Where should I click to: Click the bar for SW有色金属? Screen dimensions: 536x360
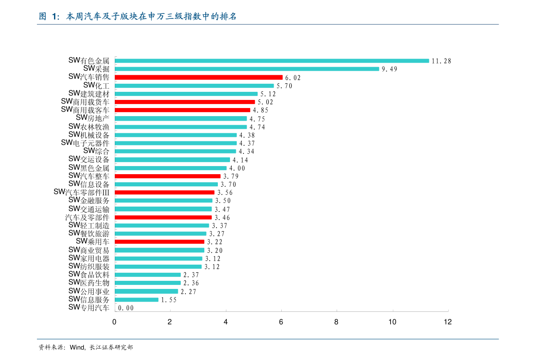click(x=272, y=61)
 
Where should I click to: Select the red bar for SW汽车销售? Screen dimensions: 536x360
click(x=198, y=77)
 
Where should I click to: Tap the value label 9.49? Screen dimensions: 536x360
click(x=389, y=69)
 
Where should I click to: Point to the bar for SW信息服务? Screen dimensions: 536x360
click(x=137, y=300)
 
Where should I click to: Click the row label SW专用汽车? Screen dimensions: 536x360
click(x=89, y=308)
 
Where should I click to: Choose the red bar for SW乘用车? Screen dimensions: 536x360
click(x=160, y=242)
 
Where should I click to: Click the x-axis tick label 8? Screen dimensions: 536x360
click(x=336, y=322)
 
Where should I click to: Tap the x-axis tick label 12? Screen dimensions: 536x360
click(x=448, y=322)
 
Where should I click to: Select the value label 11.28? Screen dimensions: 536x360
click(x=441, y=61)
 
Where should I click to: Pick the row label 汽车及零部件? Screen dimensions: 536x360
click(x=87, y=217)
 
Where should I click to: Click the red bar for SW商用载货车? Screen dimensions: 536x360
click(x=185, y=102)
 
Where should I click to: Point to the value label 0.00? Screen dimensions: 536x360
click(x=126, y=308)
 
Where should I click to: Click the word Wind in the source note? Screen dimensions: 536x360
click(x=77, y=348)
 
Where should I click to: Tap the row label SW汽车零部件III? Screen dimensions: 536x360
click(x=81, y=193)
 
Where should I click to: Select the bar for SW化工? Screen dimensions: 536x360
click(x=194, y=86)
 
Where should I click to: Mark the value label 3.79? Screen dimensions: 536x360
click(x=231, y=176)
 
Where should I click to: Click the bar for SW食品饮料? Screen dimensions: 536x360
click(x=148, y=275)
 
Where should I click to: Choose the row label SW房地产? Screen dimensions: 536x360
click(x=93, y=118)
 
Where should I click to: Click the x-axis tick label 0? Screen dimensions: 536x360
click(x=114, y=322)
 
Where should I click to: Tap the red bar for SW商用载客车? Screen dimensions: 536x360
click(x=183, y=110)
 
